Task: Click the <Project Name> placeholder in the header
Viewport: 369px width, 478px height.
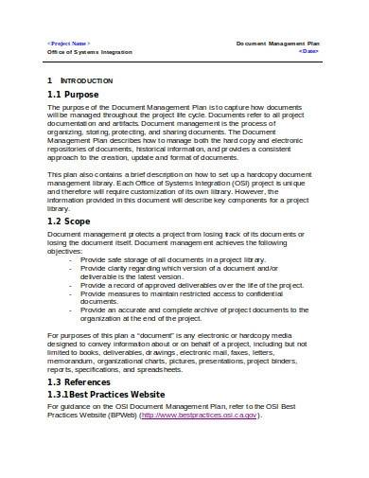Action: (69, 44)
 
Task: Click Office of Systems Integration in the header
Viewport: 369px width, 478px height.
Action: (90, 52)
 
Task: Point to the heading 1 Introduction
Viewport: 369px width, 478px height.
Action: (89, 81)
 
